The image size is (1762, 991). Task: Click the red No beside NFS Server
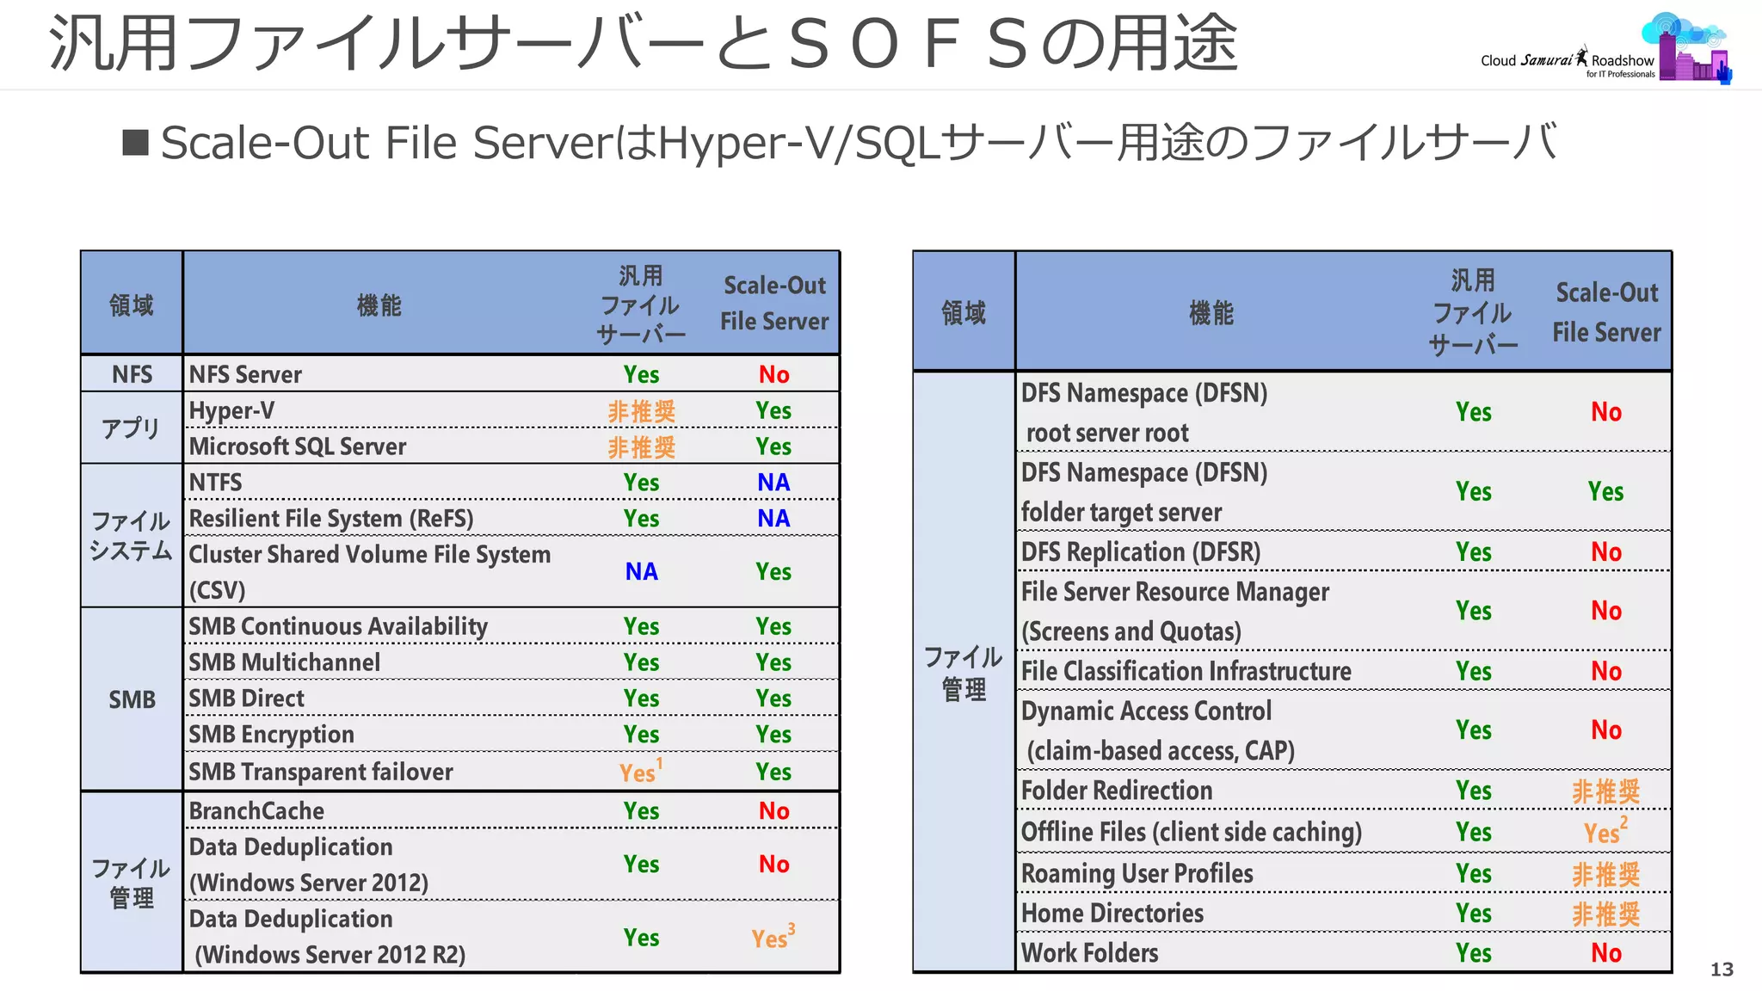[773, 374]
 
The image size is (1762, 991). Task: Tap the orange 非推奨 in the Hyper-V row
[641, 411]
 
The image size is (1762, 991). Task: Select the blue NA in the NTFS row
[773, 483]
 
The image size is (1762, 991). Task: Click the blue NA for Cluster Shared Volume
[641, 572]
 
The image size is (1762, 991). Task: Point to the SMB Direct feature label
[246, 699]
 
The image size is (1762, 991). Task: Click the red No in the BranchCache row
[773, 811]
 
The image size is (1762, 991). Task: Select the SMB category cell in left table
[132, 699]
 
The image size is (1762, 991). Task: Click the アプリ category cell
[131, 428]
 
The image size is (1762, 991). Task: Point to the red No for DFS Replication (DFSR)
[1605, 552]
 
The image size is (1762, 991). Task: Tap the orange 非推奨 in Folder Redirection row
[1605, 791]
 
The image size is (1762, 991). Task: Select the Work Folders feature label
[1089, 953]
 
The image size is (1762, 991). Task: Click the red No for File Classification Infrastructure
[1605, 672]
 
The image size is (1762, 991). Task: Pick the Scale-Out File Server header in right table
[1605, 312]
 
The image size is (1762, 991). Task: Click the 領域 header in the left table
[131, 305]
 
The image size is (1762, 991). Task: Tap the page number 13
[1721, 969]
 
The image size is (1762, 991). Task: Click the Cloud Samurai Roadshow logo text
[1567, 61]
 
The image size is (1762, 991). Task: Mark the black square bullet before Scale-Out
[135, 143]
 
